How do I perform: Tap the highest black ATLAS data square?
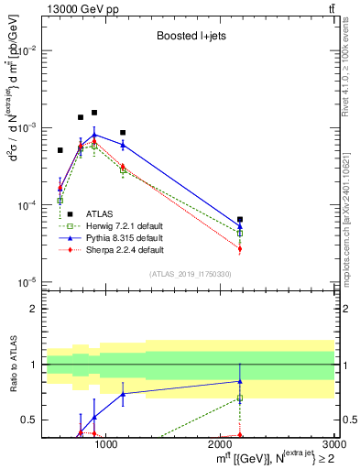tap(94, 113)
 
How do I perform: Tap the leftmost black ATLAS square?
tap(60, 150)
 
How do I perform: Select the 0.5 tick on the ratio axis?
tap(30, 420)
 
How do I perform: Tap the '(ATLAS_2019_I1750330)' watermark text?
tap(190, 274)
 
